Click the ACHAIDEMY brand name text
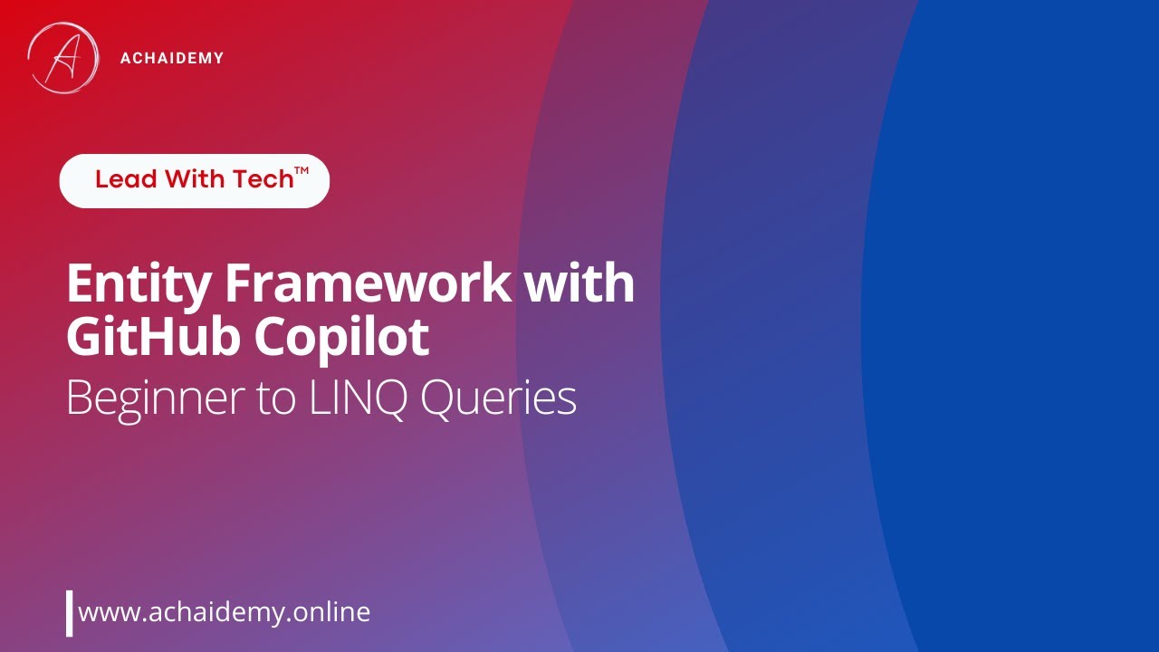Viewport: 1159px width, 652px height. pyautogui.click(x=171, y=59)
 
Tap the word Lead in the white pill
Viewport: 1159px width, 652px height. pyautogui.click(x=126, y=179)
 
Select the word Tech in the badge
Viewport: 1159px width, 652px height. pyautogui.click(x=263, y=179)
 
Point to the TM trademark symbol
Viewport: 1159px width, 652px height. pyautogui.click(x=302, y=171)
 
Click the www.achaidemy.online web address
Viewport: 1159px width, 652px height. pyautogui.click(x=225, y=612)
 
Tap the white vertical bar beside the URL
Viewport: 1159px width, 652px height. pyautogui.click(x=69, y=613)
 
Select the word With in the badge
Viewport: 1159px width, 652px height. pyautogui.click(x=195, y=179)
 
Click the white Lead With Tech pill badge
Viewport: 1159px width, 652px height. pyautogui.click(x=194, y=180)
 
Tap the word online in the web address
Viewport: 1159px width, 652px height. pyautogui.click(x=333, y=612)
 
